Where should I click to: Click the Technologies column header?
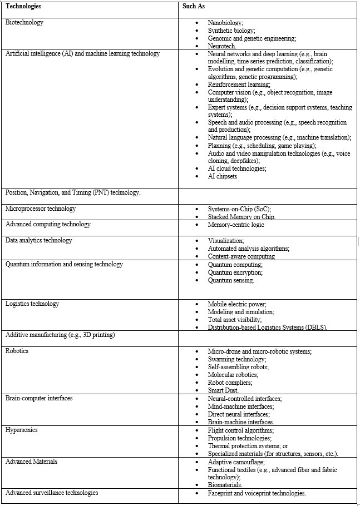pyautogui.click(x=23, y=7)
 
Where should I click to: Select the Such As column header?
pyautogui.click(x=195, y=7)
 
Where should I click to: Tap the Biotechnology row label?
pyautogui.click(x=24, y=23)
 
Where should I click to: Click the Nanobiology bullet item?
pyautogui.click(x=225, y=23)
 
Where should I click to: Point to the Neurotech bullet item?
pyautogui.click(x=223, y=46)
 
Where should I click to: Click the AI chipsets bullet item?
pyautogui.click(x=223, y=176)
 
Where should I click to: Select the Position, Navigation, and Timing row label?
pyautogui.click(x=72, y=192)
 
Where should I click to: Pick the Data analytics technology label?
pyautogui.click(x=38, y=240)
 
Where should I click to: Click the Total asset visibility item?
pyautogui.click(x=235, y=320)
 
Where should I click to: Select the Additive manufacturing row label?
pyautogui.click(x=60, y=335)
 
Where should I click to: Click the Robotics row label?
pyautogui.click(x=17, y=351)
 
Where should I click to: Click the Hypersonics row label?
pyautogui.click(x=21, y=430)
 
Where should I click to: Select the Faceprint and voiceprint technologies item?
pyautogui.click(x=257, y=493)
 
